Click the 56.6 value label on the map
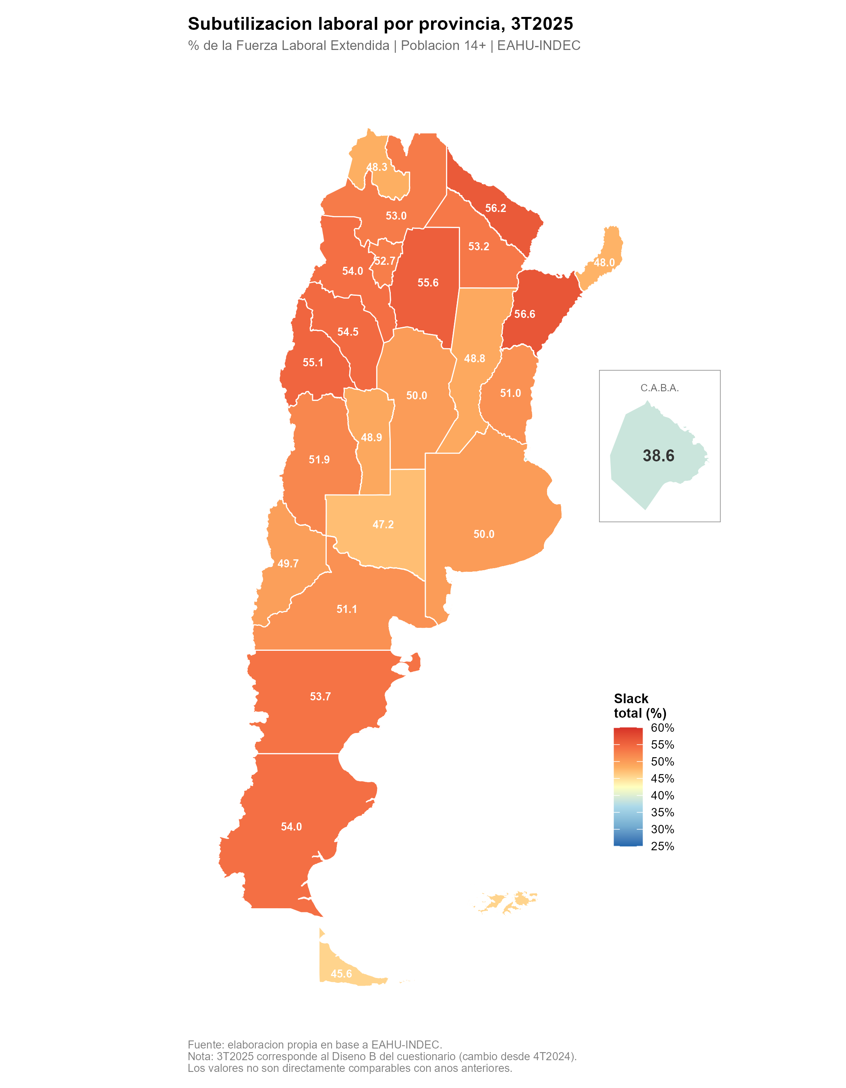tap(525, 314)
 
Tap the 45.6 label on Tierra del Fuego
tap(341, 974)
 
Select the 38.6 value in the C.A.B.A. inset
tap(658, 456)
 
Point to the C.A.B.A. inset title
tap(659, 388)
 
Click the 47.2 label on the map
tap(383, 525)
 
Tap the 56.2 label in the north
tap(496, 208)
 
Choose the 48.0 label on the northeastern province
tap(604, 263)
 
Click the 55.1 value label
tap(313, 363)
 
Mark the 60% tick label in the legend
tap(662, 728)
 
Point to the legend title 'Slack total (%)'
tap(639, 706)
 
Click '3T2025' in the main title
tap(542, 24)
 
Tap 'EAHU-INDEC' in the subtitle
tap(539, 46)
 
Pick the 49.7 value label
tap(288, 564)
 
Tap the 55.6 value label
tap(428, 283)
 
